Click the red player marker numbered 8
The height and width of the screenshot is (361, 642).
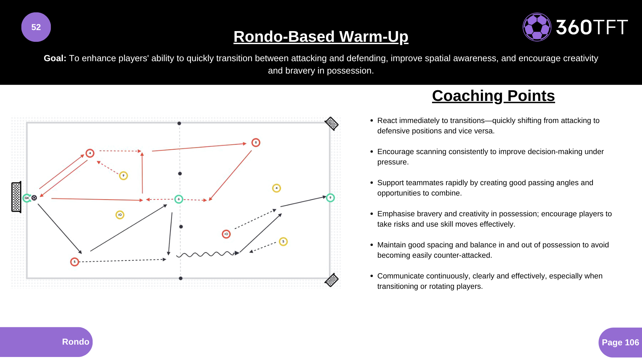256,143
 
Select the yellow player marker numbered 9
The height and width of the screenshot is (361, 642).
123,176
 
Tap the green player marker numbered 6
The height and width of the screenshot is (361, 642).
179,199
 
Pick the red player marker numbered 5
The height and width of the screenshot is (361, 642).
75,262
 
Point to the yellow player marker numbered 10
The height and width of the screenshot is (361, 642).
120,215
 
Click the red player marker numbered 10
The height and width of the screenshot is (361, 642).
226,234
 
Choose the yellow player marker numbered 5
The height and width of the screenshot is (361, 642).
283,242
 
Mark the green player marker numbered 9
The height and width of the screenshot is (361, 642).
330,198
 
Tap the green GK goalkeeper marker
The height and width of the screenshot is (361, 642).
27,198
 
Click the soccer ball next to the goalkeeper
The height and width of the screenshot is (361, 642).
34,198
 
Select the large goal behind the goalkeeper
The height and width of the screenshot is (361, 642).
16,197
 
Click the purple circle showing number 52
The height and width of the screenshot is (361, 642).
36,27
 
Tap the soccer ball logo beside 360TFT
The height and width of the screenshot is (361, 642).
537,27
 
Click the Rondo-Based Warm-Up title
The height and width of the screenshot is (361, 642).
321,36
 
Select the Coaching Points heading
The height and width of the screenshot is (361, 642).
494,96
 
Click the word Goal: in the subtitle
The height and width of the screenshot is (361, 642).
55,58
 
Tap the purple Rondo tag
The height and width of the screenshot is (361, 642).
46,342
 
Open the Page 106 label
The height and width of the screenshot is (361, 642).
620,343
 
